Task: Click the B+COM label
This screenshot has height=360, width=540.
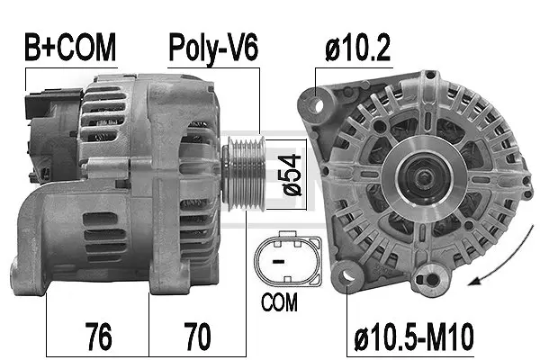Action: coord(71,49)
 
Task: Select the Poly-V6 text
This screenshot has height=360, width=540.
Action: coord(213,49)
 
